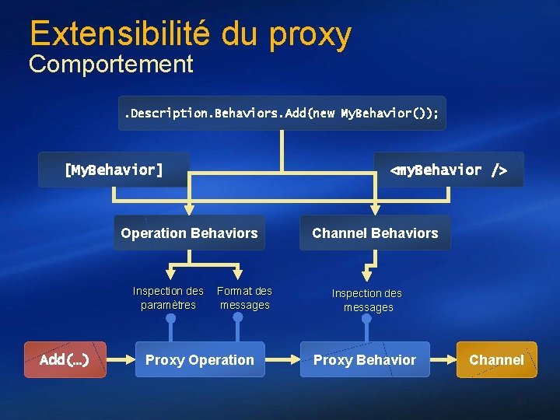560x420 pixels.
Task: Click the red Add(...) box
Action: point(65,359)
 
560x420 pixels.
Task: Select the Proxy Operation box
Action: point(200,359)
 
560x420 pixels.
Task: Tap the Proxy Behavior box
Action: point(365,359)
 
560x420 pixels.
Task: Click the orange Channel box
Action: point(496,359)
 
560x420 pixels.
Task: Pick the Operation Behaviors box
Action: point(189,233)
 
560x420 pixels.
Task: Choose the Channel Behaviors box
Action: point(375,233)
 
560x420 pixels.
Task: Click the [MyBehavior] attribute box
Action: point(114,170)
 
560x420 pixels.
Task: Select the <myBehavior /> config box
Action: point(448,170)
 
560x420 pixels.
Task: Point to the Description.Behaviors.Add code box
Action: point(282,114)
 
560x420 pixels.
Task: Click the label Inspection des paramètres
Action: point(168,298)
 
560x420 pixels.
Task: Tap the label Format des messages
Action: point(244,298)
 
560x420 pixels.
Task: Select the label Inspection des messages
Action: point(367,300)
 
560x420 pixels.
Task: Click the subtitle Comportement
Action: point(110,65)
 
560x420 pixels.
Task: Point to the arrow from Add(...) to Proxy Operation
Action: point(120,359)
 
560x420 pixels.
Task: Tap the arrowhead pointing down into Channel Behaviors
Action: point(375,208)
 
